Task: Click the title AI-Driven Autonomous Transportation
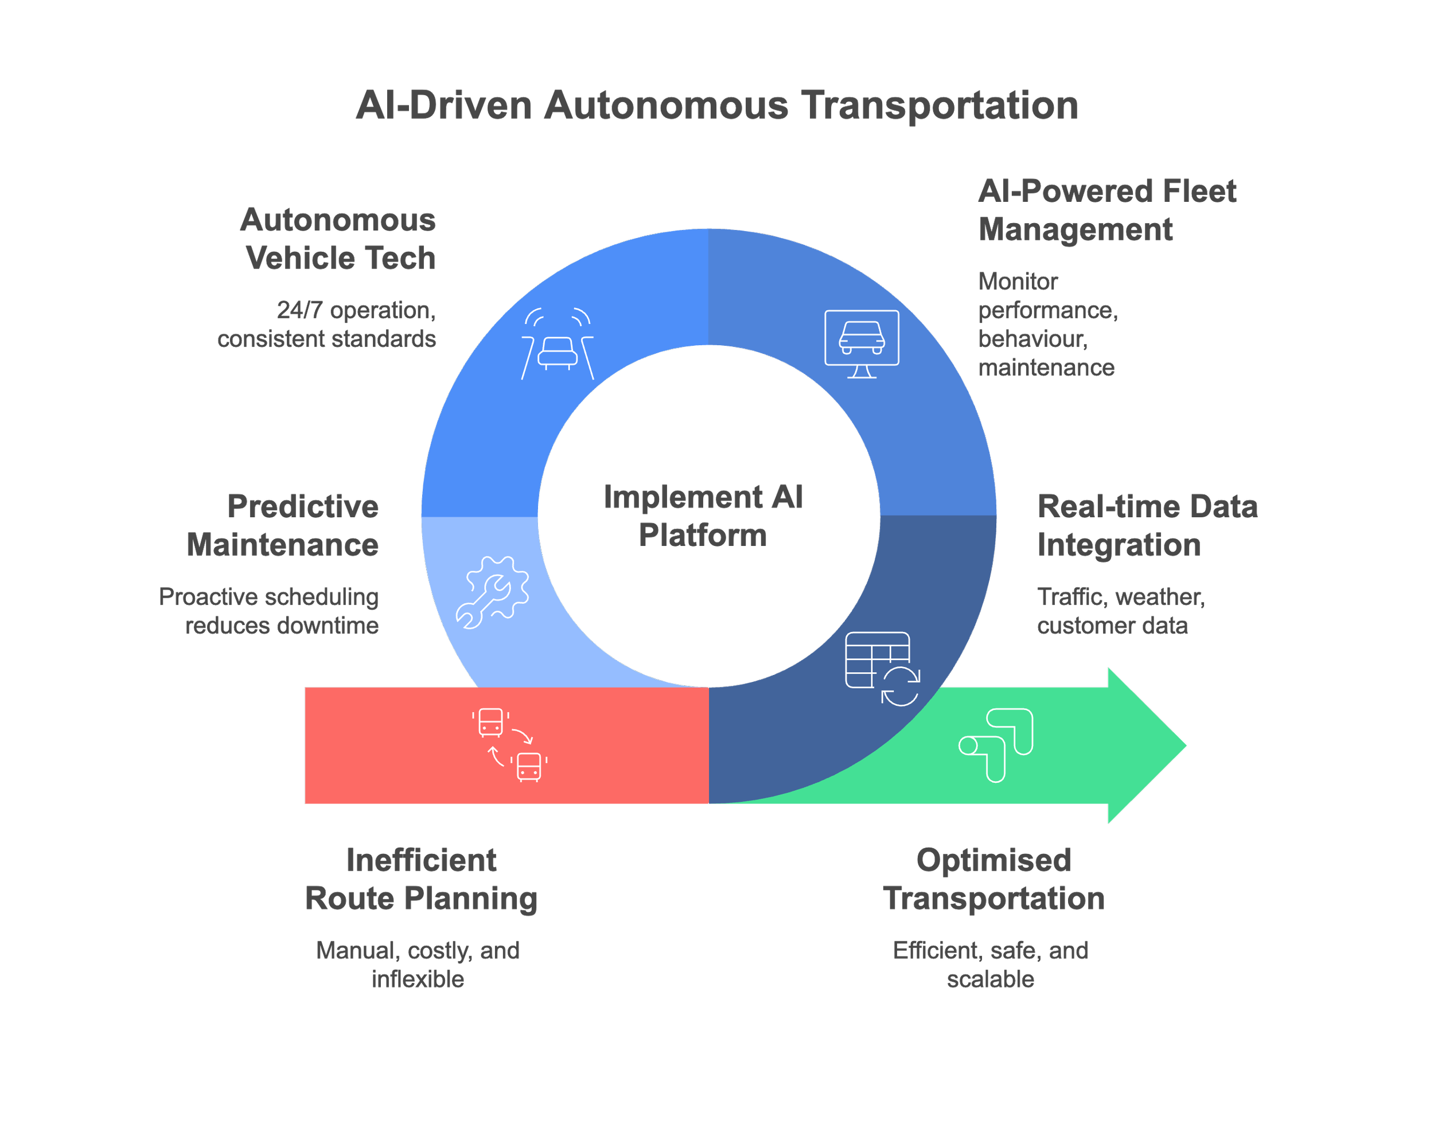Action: (x=716, y=106)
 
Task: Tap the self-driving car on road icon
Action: (x=558, y=344)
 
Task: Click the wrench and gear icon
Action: (x=492, y=592)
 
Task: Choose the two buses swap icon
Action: (x=509, y=745)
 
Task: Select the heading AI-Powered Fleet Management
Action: (x=1107, y=210)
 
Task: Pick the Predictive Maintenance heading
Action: (x=283, y=526)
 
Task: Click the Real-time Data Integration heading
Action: (x=1147, y=526)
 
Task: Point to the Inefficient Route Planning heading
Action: (x=422, y=880)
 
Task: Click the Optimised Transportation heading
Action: (x=994, y=880)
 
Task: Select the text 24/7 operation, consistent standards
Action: (x=327, y=324)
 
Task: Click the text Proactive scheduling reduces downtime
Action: (x=269, y=611)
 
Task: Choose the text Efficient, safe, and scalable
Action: (x=991, y=965)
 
